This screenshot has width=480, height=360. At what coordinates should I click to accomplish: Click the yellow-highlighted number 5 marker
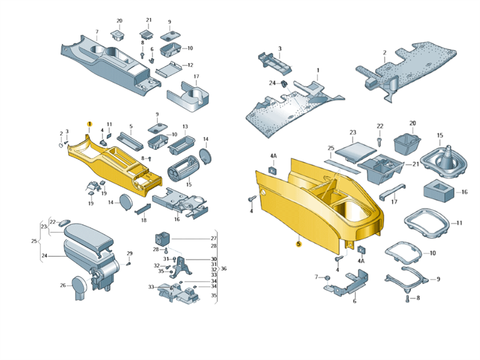[x=298, y=244]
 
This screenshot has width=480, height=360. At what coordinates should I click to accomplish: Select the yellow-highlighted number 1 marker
[x=89, y=124]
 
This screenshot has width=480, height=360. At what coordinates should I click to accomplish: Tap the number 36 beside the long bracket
[x=224, y=269]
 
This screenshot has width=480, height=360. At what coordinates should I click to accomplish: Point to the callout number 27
[x=214, y=238]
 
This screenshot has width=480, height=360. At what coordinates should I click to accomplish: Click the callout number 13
[x=185, y=127]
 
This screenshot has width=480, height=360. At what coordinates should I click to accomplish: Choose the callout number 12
[x=190, y=65]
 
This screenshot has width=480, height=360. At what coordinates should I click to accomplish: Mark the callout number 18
[x=143, y=220]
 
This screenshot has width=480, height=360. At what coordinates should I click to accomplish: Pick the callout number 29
[x=130, y=253]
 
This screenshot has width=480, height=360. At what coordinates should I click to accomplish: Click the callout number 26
[x=63, y=286]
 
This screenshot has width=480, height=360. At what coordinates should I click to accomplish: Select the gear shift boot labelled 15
[x=443, y=163]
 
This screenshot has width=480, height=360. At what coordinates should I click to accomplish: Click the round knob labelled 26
[x=81, y=287]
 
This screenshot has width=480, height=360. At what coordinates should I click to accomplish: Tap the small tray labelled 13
[x=182, y=145]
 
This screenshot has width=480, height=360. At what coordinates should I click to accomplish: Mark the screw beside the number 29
[x=128, y=263]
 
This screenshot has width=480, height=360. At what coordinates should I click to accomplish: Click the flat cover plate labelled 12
[x=169, y=71]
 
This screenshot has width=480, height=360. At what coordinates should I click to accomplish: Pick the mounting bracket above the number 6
[x=347, y=285]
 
